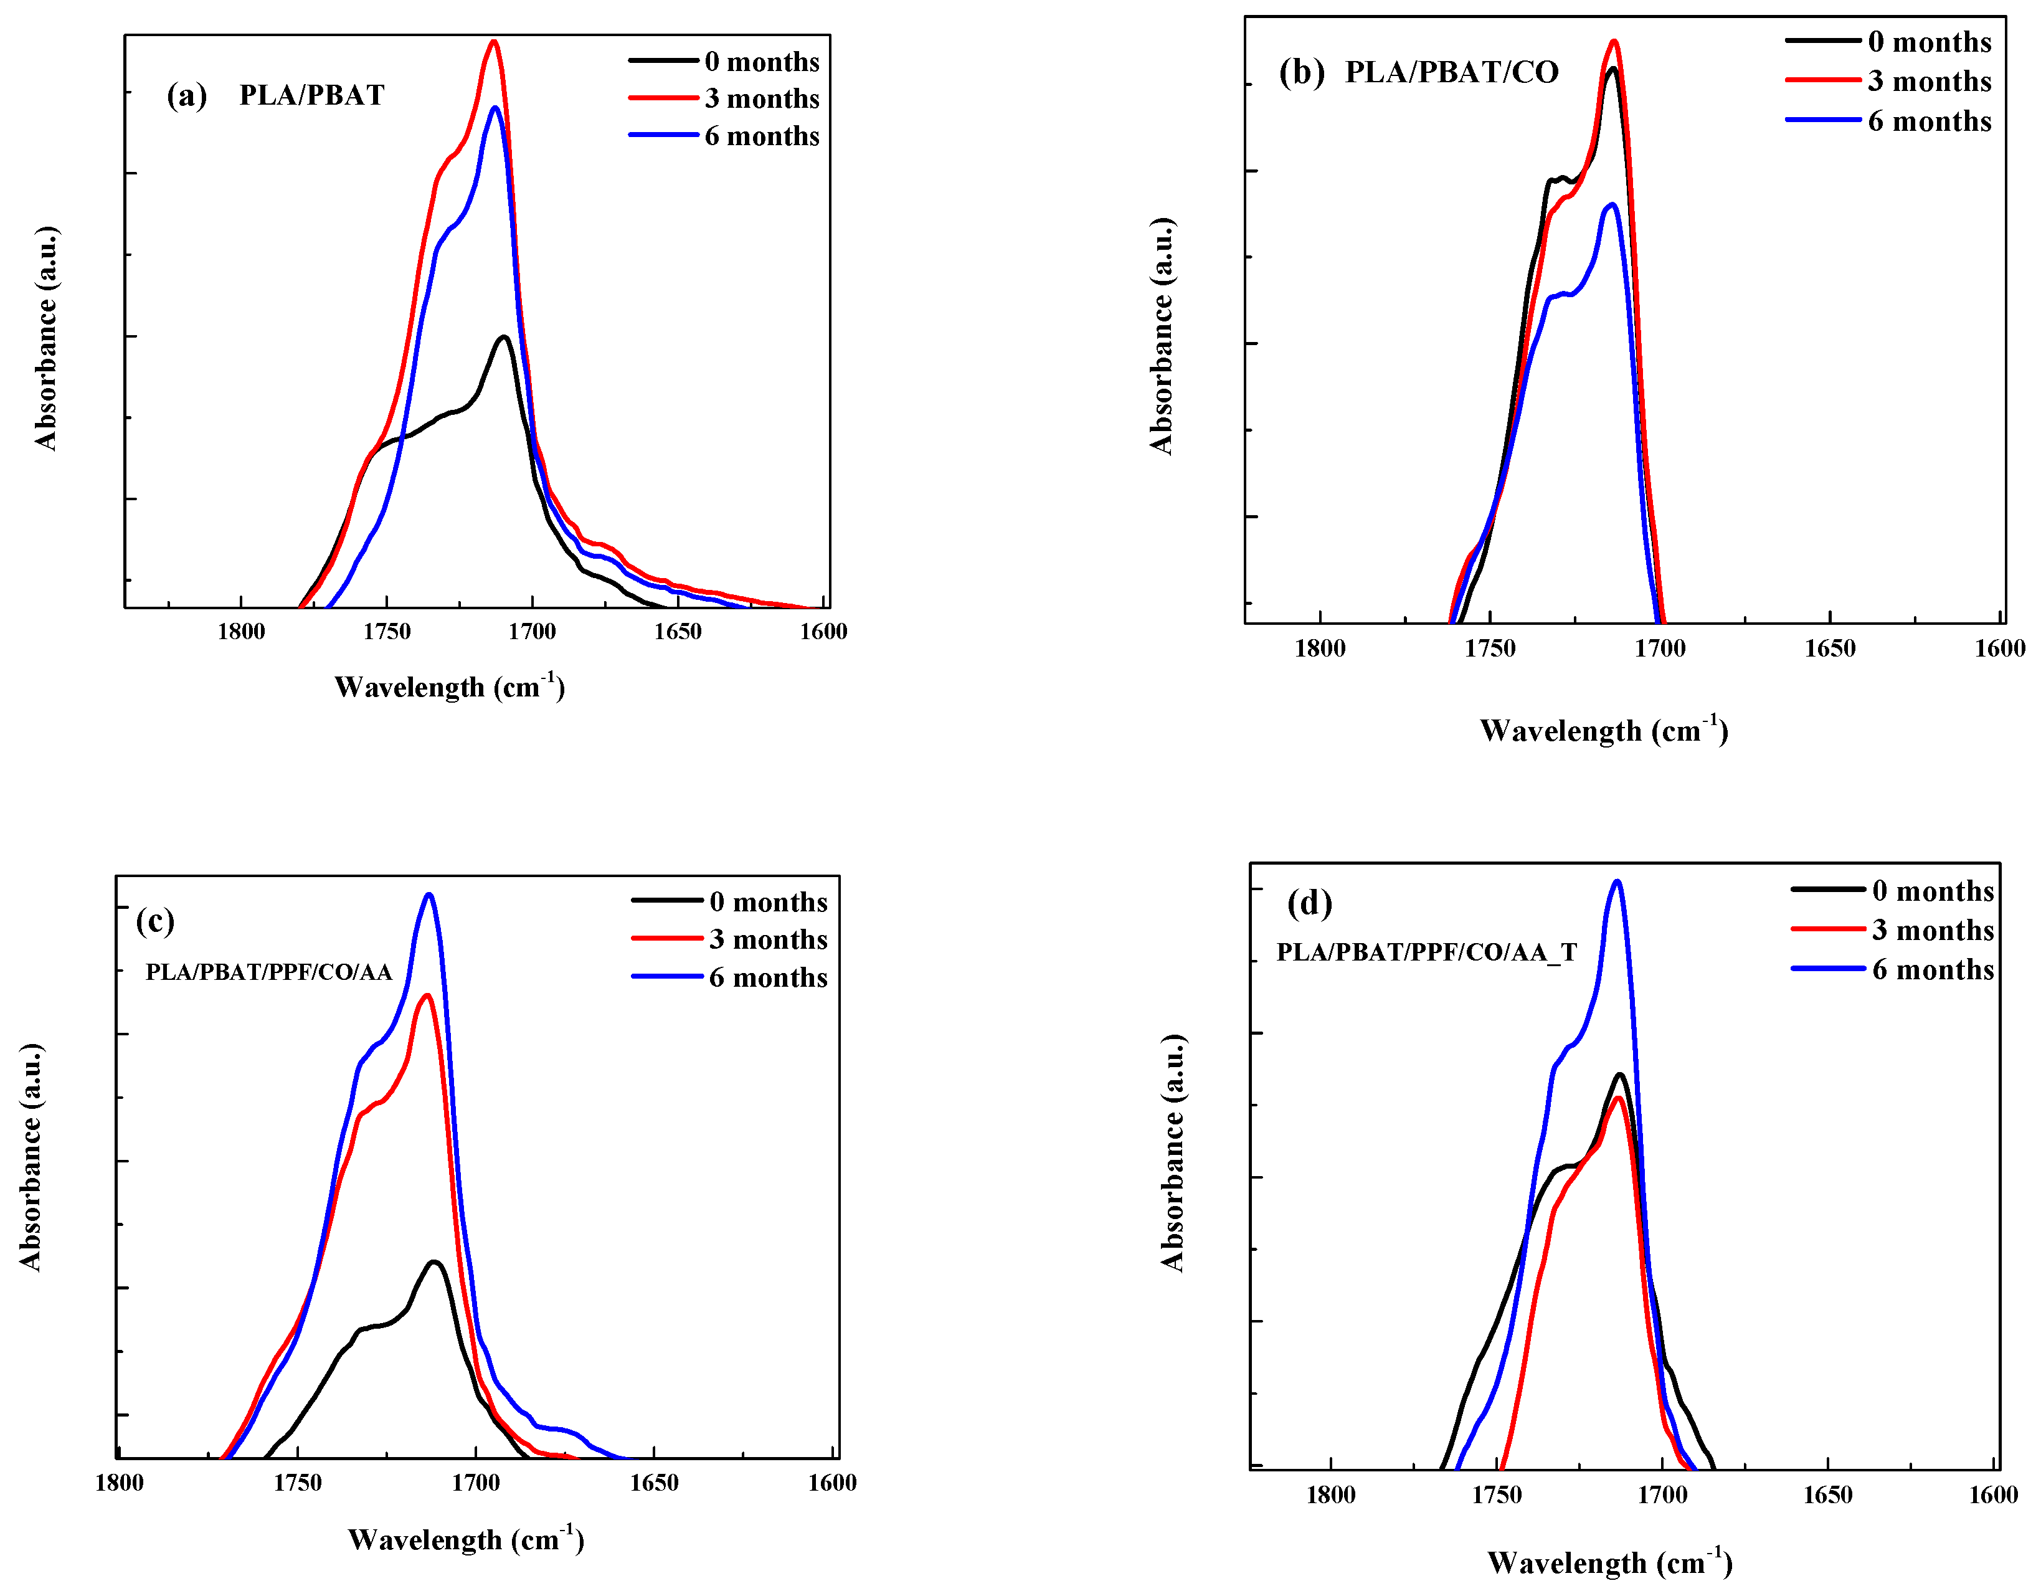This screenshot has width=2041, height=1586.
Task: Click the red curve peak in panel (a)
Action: click(x=495, y=42)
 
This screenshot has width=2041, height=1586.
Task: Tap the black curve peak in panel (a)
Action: click(x=504, y=338)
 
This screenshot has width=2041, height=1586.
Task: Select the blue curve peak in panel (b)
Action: click(x=1612, y=205)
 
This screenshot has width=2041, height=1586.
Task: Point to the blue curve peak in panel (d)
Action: click(x=1617, y=881)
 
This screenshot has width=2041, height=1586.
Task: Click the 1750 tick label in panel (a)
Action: click(x=387, y=632)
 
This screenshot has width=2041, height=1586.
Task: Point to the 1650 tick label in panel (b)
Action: click(x=1830, y=648)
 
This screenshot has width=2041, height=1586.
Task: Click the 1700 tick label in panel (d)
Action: click(x=1662, y=1495)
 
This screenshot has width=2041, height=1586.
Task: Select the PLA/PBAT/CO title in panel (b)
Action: click(x=1451, y=72)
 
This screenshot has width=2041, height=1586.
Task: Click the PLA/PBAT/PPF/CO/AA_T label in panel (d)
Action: click(x=1426, y=952)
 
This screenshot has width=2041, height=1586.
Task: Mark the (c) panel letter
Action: click(x=155, y=921)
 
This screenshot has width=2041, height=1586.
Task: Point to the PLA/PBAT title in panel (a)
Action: click(x=311, y=95)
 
